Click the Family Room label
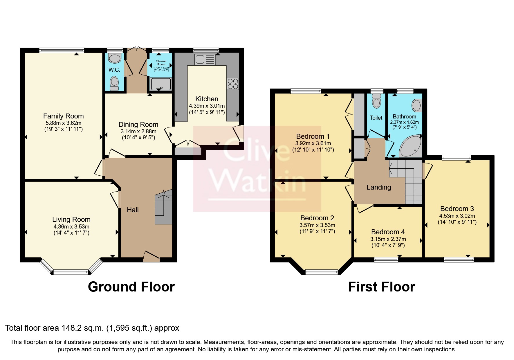coord(63,116)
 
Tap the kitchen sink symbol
coord(205,60)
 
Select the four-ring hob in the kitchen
coord(233,84)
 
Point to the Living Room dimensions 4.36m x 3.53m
coord(71,226)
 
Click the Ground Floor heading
coord(131,287)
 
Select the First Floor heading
coord(381,287)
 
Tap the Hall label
coord(133,210)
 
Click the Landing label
coord(379,187)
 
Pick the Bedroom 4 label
coord(388,232)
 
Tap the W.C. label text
coord(114,70)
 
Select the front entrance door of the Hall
coord(152,257)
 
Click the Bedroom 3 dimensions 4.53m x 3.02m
coord(457,216)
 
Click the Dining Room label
coord(138,125)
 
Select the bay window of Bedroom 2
coord(322,272)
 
